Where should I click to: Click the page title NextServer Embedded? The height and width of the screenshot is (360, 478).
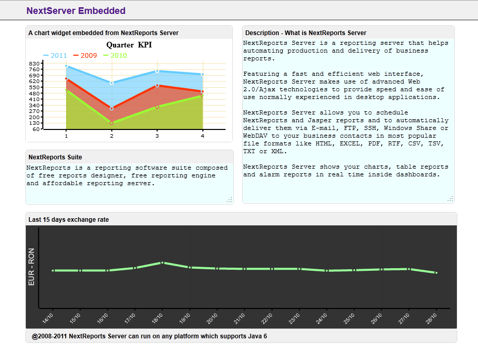tap(76, 11)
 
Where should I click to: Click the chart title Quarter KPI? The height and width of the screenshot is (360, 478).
tap(129, 45)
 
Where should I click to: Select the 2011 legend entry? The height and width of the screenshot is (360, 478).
tap(55, 55)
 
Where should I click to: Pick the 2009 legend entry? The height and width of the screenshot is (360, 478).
tap(85, 55)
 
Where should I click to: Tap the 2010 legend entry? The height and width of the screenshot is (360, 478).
tap(115, 55)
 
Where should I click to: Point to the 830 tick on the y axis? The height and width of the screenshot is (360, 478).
tap(35, 63)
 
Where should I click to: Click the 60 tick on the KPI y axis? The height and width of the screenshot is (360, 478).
tap(37, 129)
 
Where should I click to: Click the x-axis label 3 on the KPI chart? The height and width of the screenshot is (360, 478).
tap(157, 136)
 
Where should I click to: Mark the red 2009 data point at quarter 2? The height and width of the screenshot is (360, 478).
tap(111, 108)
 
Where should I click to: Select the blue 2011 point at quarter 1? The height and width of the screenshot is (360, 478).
tap(66, 66)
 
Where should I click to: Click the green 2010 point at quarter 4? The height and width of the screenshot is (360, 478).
tap(202, 96)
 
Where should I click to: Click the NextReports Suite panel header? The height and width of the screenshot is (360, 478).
tap(55, 157)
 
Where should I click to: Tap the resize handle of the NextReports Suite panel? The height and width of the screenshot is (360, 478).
tap(229, 200)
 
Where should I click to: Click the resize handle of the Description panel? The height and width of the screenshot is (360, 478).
tap(450, 199)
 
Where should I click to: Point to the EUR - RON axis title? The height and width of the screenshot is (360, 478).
tap(31, 267)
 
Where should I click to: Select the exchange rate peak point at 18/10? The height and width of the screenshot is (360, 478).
tap(162, 263)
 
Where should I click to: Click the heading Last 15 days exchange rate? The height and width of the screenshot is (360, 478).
tap(69, 220)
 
